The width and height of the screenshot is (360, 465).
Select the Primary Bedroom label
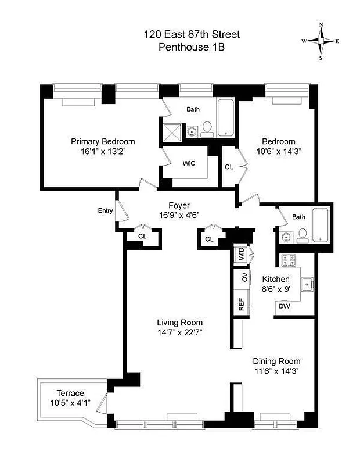(103, 141)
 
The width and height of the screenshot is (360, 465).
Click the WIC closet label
(189, 163)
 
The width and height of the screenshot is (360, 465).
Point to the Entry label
(105, 210)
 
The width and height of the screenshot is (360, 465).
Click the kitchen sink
(308, 284)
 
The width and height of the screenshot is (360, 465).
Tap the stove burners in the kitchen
(289, 260)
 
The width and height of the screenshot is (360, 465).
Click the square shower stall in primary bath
(172, 132)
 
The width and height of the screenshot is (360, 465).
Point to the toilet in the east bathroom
(302, 235)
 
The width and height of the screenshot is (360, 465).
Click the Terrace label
(70, 393)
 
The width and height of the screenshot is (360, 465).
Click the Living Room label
(179, 323)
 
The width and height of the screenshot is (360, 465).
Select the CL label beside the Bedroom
(229, 167)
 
